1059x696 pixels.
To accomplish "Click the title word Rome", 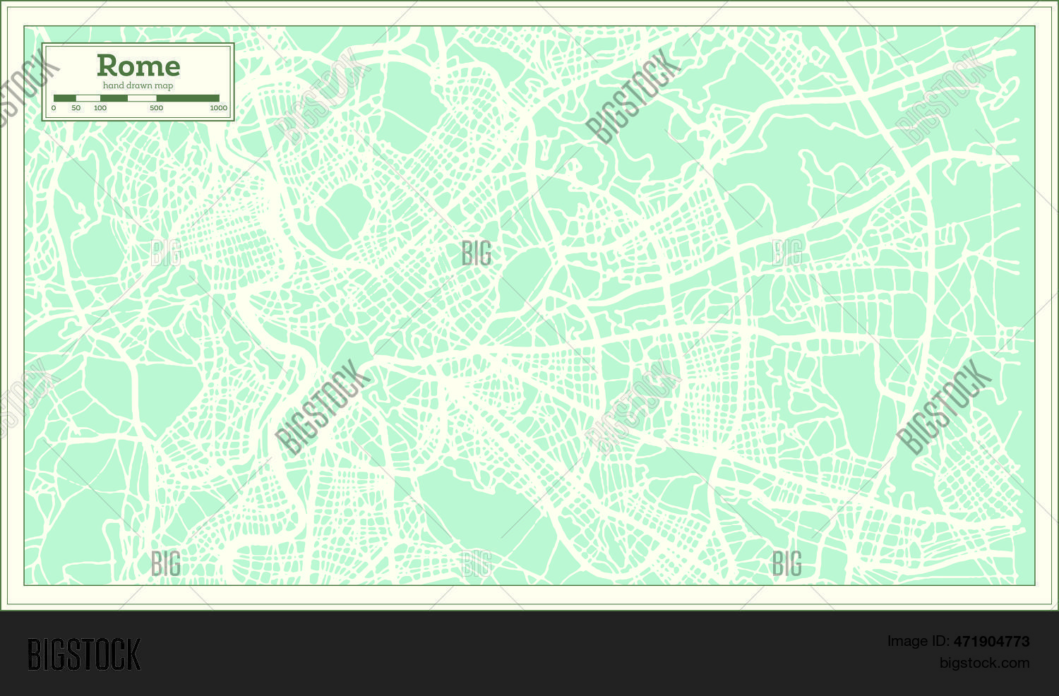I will click(138, 66).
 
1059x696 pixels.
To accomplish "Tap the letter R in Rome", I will click(106, 66).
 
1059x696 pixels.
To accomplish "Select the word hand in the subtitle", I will click(113, 85).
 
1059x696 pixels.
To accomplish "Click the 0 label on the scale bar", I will click(54, 108).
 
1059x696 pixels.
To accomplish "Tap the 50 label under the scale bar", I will click(76, 108).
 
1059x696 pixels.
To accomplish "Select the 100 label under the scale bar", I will click(100, 108).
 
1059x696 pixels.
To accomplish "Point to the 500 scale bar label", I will click(156, 108).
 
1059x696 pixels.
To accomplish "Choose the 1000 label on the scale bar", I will click(218, 108).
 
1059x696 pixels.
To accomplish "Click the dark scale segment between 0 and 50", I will click(65, 98).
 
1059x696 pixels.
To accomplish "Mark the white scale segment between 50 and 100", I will click(88, 98).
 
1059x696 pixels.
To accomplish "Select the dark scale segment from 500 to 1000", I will click(188, 98).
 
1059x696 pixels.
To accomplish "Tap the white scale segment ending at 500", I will click(142, 98).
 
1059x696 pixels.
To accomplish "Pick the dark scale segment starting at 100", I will click(114, 98).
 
